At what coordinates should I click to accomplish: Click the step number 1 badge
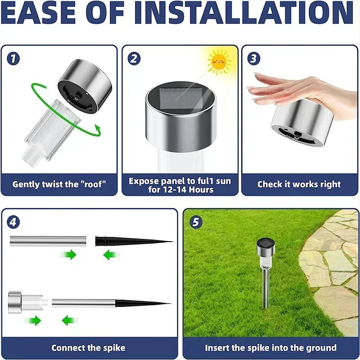point(13,58)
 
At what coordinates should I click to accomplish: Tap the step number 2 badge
point(135,58)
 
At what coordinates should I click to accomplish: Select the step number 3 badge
point(254,58)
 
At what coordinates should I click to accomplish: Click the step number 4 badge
point(14,222)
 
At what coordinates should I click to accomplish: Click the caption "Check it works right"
point(299,184)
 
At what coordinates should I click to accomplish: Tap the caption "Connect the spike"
point(88,347)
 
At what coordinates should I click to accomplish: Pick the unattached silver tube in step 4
point(47,241)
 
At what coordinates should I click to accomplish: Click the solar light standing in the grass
point(265,270)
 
